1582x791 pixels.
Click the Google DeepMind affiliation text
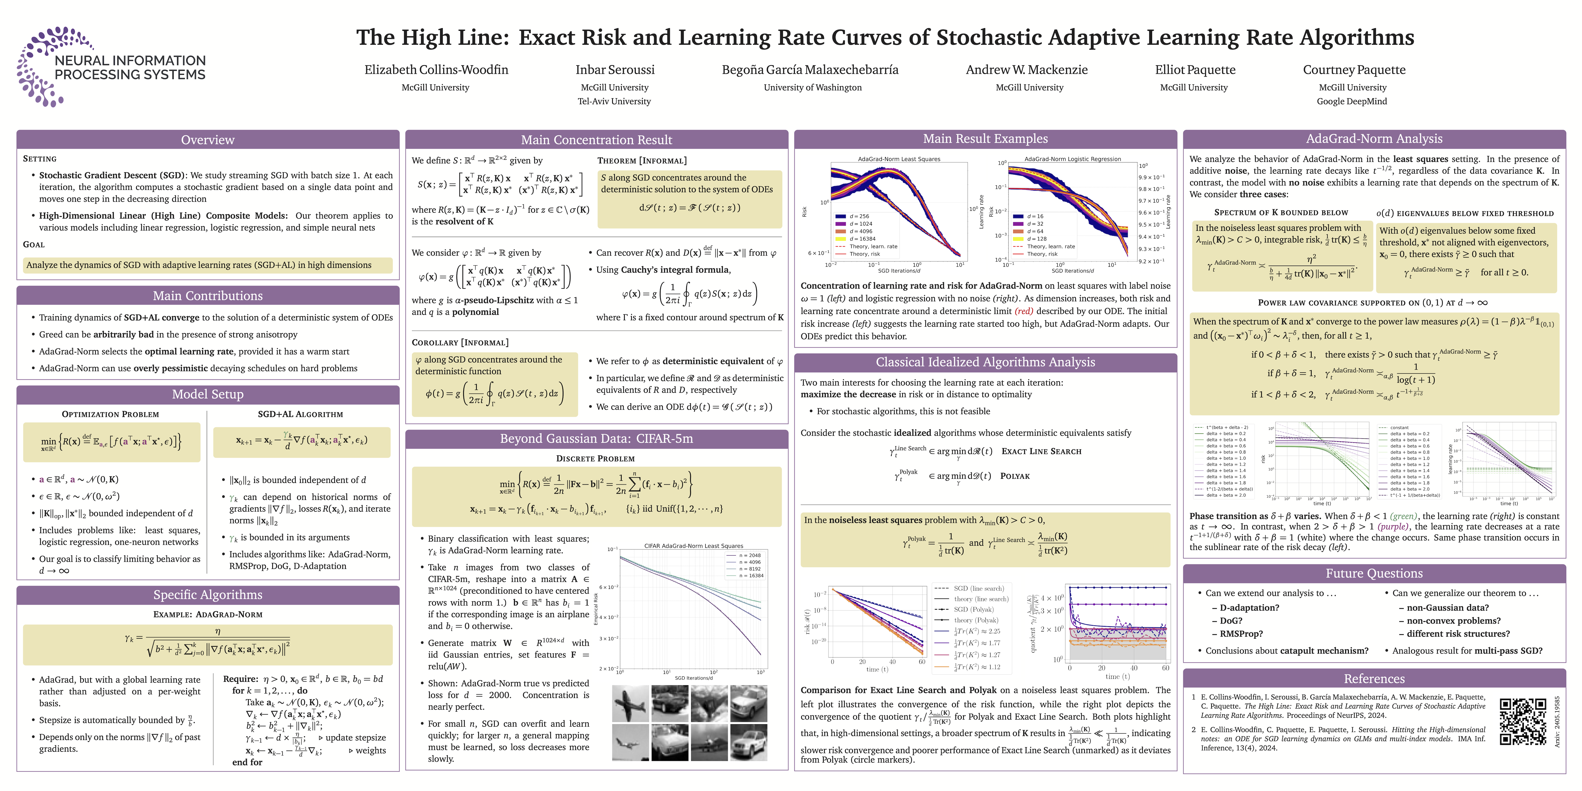click(1352, 101)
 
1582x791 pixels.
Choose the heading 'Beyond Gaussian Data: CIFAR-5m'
click(596, 438)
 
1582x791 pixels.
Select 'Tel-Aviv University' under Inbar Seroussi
click(614, 101)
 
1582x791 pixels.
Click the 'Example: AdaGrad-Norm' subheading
click(208, 614)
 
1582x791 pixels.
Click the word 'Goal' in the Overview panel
click(34, 244)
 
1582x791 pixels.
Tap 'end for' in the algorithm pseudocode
click(247, 762)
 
